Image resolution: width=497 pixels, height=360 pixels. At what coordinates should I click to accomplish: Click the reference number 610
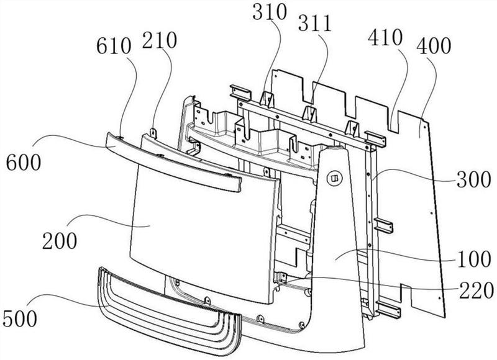point(114,47)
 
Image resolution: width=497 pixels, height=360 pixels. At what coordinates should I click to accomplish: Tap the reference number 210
point(159,40)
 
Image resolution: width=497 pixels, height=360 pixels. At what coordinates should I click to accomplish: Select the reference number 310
point(270,12)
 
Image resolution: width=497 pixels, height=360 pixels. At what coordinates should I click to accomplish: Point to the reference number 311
point(315,23)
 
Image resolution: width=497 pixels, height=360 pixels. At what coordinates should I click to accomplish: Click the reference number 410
point(385,38)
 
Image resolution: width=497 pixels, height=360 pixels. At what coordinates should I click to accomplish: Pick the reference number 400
point(434,46)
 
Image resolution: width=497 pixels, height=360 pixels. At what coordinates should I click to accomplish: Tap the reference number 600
point(24,163)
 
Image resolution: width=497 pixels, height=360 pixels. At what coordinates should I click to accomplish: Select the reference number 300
point(473,179)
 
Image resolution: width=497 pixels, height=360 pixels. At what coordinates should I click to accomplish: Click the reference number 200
point(60,241)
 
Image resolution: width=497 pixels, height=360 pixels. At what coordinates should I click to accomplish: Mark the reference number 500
point(20,318)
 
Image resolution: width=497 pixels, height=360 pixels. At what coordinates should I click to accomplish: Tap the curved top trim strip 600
point(174,161)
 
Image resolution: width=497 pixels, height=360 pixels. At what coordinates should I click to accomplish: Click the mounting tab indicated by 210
point(153,133)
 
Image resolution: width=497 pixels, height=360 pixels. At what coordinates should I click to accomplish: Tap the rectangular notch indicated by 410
point(393,121)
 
